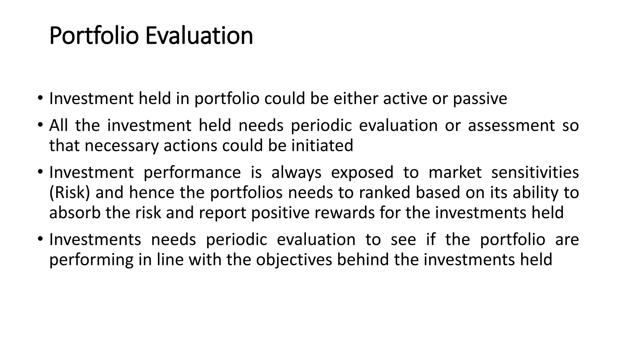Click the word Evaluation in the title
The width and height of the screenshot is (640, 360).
click(x=199, y=36)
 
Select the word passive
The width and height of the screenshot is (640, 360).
click(x=480, y=99)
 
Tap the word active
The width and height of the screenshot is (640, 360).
click(x=405, y=99)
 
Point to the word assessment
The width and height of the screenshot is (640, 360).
click(x=511, y=126)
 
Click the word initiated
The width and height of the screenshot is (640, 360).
click(x=322, y=146)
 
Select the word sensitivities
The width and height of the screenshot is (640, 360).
click(x=535, y=172)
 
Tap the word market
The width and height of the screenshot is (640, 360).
click(x=455, y=172)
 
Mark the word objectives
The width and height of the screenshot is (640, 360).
click(x=294, y=260)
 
